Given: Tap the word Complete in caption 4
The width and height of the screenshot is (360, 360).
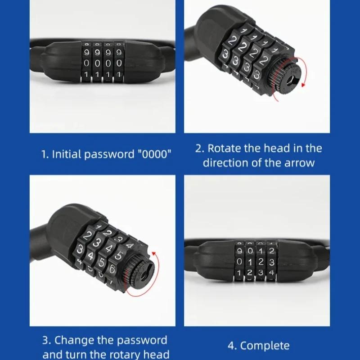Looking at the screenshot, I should pos(265,346).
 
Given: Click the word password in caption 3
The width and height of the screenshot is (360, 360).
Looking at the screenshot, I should pos(137,340).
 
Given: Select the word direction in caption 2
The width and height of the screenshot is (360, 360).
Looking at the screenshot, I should pos(227,162).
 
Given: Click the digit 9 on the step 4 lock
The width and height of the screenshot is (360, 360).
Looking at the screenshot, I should pos(239,251).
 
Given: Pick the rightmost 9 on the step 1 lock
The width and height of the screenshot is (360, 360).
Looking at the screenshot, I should pos(119,52).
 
